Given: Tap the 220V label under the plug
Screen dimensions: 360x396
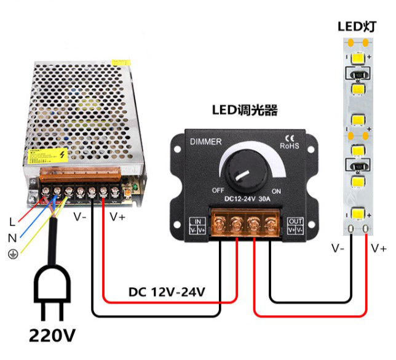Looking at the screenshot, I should [53, 335].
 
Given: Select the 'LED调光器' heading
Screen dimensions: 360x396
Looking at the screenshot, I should [245, 111].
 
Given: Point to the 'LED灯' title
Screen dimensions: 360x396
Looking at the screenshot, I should [356, 26].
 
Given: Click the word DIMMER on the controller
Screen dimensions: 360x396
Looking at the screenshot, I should [206, 142].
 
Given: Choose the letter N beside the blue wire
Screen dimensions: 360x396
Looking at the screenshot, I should [12, 237].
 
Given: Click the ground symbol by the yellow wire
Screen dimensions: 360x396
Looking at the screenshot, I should [12, 254].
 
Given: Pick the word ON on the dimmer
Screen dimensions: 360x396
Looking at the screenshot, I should [276, 191].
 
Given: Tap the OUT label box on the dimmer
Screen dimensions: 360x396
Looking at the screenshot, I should [296, 225].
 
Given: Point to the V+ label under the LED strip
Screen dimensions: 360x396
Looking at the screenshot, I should [379, 249].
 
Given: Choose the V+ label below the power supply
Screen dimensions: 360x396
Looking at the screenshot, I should [117, 217].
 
